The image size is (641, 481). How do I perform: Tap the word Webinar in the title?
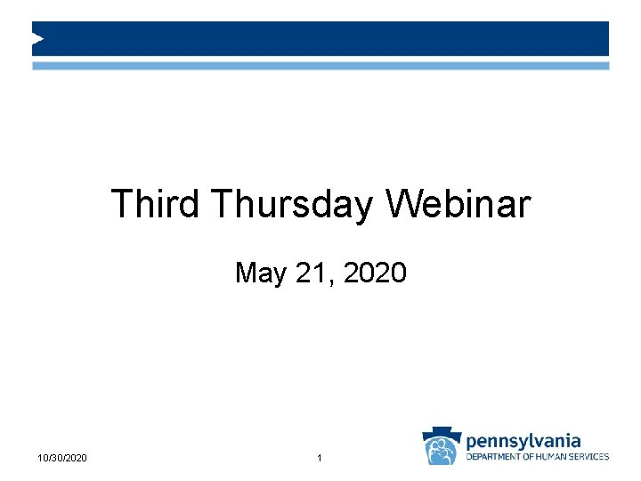click(458, 204)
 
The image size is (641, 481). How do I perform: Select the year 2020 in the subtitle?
click(374, 272)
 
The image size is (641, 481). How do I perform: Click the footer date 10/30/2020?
click(62, 458)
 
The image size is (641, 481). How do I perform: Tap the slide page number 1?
click(320, 458)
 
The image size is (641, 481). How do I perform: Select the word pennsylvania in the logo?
click(523, 440)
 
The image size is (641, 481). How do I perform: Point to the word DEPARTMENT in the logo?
click(495, 457)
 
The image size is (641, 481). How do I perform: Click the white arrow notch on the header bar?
click(37, 38)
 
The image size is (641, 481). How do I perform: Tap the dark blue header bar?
click(320, 38)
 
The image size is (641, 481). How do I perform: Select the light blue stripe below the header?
click(320, 66)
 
